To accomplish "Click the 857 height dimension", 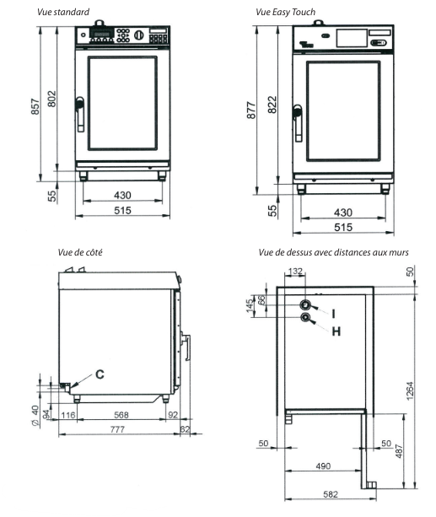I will (x=35, y=114).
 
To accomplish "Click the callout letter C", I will (x=99, y=374).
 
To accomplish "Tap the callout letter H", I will (x=335, y=331).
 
